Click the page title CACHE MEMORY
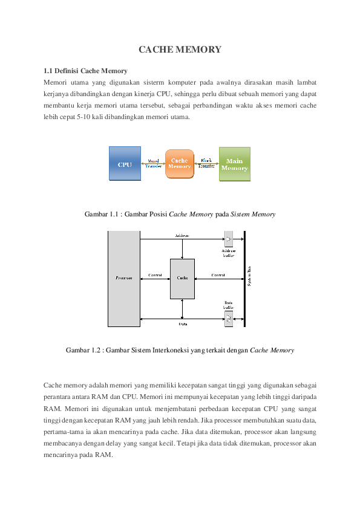click(180, 50)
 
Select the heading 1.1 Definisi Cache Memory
click(85, 71)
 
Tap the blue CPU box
click(125, 164)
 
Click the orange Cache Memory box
click(179, 164)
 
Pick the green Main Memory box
click(234, 164)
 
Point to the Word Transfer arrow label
click(154, 163)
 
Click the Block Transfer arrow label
click(206, 163)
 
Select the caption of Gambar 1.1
click(180, 214)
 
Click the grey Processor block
click(123, 278)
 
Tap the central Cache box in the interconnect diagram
click(182, 278)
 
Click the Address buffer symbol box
click(229, 239)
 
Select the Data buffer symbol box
click(229, 318)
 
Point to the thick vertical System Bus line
click(244, 278)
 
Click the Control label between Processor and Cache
click(155, 275)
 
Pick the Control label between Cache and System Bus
click(218, 275)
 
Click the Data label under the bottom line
click(182, 325)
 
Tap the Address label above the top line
click(182, 235)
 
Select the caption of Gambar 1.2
click(180, 349)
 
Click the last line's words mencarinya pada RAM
click(78, 455)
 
